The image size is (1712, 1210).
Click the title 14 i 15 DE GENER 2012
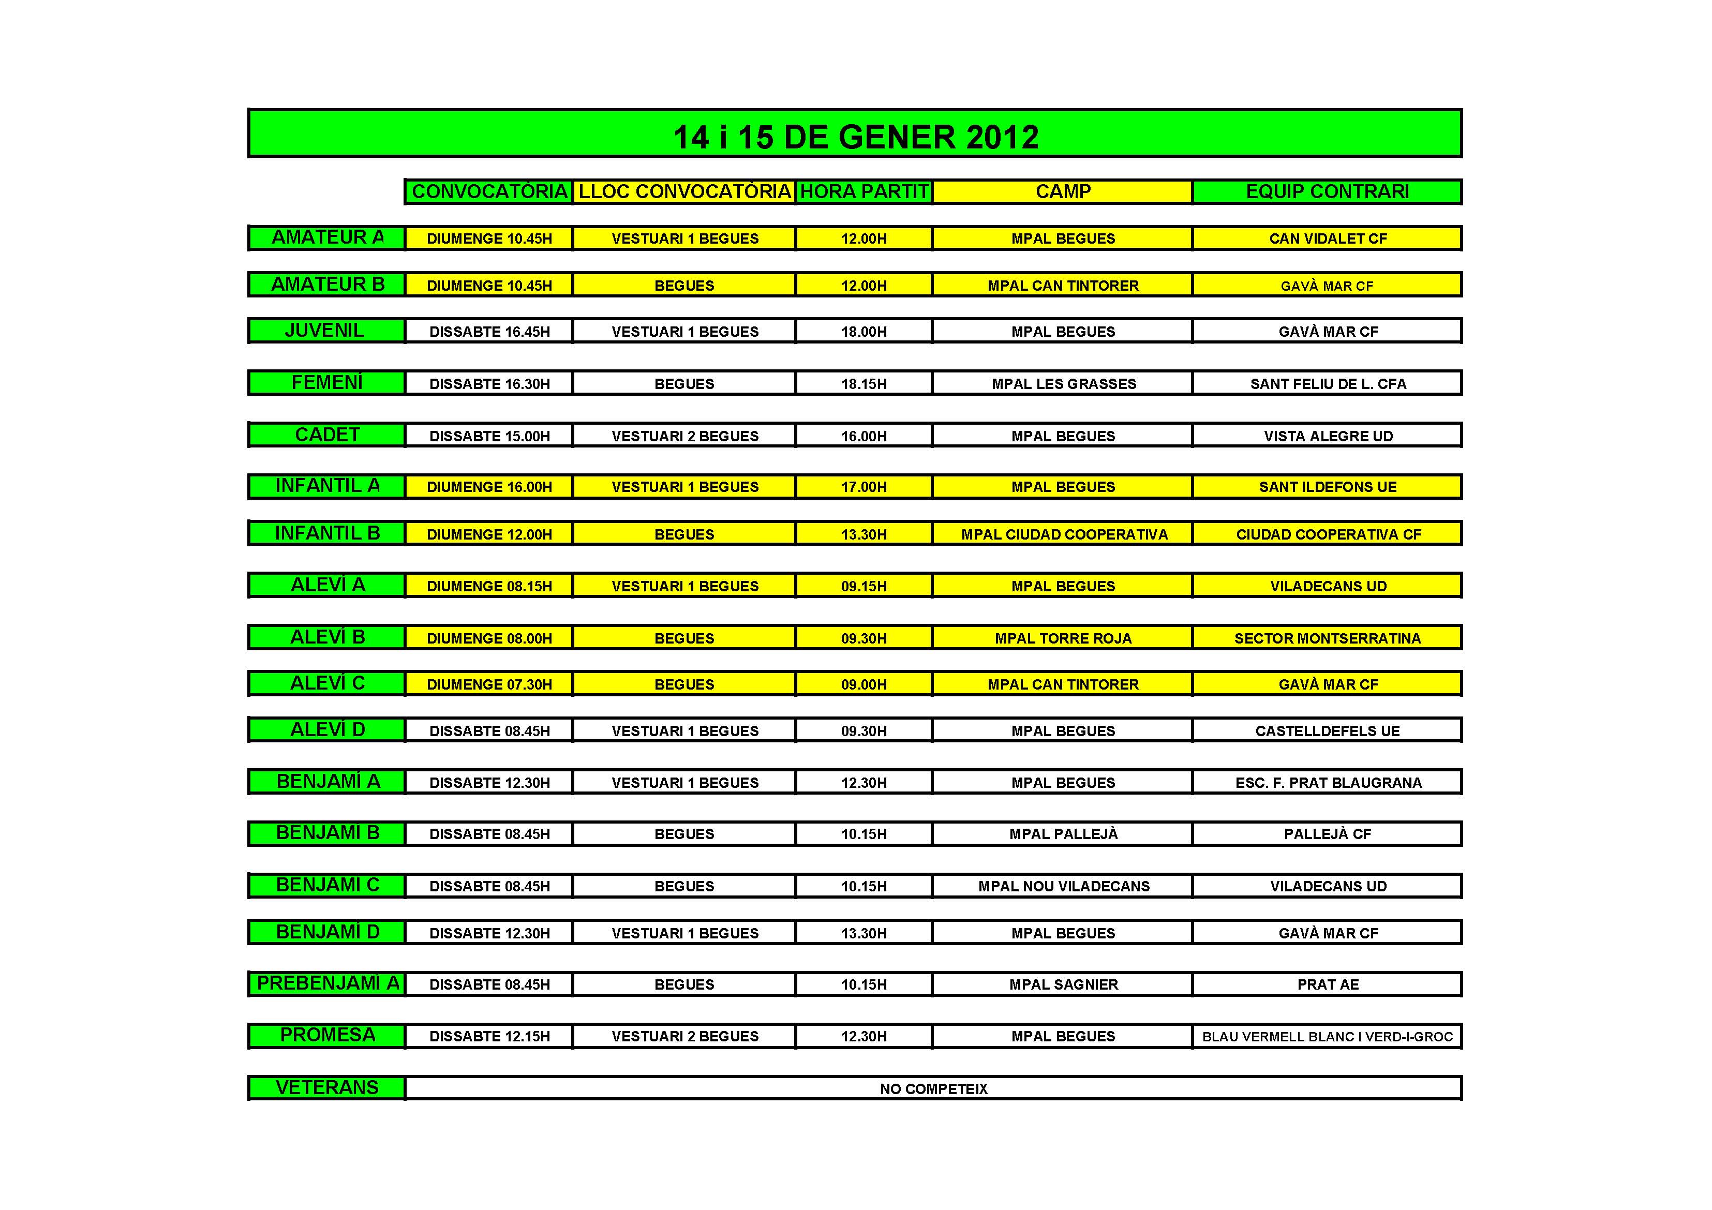tap(855, 137)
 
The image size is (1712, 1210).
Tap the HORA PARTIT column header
tap(864, 191)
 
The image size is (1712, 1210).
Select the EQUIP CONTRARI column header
tap(1327, 191)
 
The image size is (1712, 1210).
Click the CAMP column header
tap(1063, 191)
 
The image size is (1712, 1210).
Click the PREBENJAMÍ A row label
tap(327, 983)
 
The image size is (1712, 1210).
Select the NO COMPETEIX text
tap(933, 1089)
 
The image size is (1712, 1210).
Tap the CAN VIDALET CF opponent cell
tap(1327, 238)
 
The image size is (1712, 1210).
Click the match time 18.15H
tap(864, 384)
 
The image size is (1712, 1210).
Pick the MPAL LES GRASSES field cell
tap(1063, 384)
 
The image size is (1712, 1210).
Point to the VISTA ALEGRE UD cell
tap(1327, 436)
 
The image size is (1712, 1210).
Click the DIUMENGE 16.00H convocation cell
tap(489, 487)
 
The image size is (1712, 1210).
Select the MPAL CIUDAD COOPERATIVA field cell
tap(1063, 534)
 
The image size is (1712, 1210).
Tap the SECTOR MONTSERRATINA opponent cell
tap(1327, 638)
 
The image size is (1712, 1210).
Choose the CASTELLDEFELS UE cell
tap(1327, 730)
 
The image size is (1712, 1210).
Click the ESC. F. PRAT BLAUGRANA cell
tap(1327, 783)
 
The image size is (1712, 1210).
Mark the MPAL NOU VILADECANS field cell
tap(1063, 887)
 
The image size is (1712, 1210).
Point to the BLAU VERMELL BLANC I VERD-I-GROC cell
tap(1327, 1036)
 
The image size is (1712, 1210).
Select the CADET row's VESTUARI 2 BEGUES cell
tap(684, 436)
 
